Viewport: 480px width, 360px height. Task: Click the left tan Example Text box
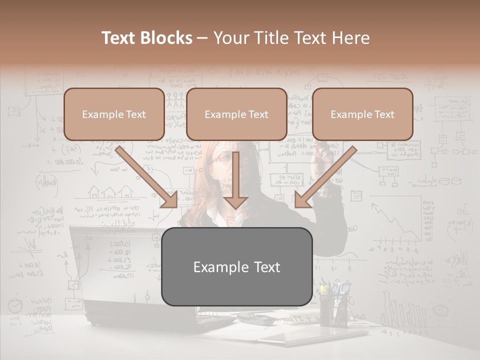[x=114, y=114]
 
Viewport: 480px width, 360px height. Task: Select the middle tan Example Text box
[x=236, y=114]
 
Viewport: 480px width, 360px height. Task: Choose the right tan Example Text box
[x=362, y=114]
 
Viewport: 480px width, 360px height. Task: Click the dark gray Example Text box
[x=236, y=266]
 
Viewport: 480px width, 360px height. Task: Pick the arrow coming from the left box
[x=147, y=177]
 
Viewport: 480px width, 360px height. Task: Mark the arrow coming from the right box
[x=325, y=177]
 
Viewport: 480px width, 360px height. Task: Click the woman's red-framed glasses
[x=221, y=158]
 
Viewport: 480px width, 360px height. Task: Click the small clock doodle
[x=15, y=305]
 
